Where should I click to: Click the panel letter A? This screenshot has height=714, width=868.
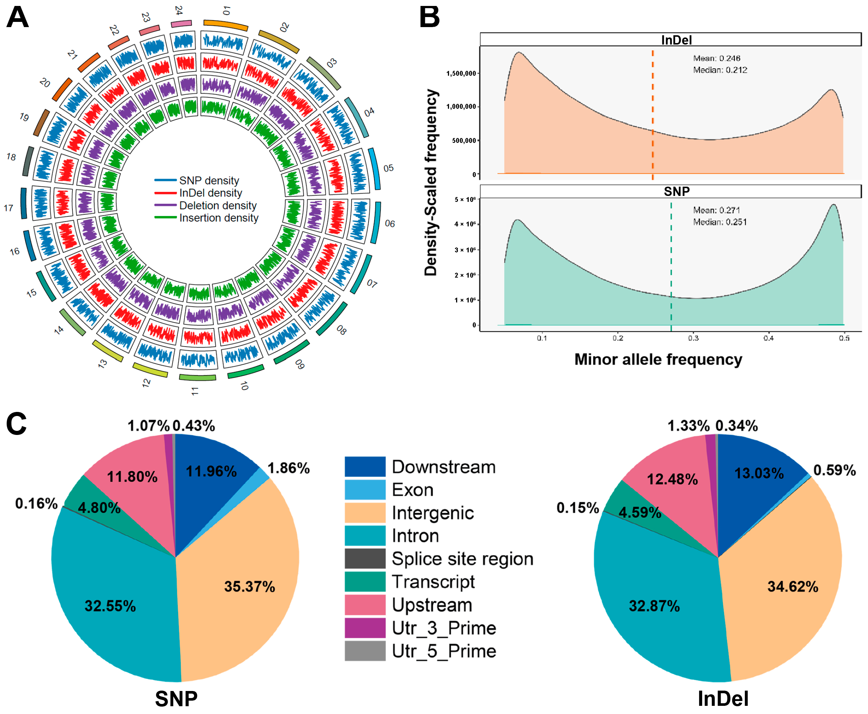point(17,17)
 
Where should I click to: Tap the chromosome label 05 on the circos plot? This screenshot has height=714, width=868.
point(388,168)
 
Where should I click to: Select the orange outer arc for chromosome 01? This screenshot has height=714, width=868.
point(226,24)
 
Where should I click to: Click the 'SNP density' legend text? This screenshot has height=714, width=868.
point(209,181)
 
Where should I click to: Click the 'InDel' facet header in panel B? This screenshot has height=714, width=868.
point(676,40)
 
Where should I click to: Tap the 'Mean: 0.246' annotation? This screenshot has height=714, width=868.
point(716,58)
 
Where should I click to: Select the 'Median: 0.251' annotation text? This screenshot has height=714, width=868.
point(720,222)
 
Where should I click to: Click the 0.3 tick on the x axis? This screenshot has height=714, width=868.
point(693,338)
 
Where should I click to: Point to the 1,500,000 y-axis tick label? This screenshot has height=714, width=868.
point(461,73)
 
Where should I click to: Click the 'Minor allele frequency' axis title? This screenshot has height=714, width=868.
point(658,360)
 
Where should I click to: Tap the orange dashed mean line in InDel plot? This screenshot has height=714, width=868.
point(652,115)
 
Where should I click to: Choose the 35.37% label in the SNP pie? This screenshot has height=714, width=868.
point(249,586)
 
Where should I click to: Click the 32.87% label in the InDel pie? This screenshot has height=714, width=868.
point(654,606)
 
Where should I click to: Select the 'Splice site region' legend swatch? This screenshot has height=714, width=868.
point(365,559)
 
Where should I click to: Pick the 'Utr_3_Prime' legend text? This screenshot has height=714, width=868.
point(444,628)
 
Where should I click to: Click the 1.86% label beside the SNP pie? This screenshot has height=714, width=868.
point(288,468)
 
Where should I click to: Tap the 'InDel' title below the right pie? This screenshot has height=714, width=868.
point(723,698)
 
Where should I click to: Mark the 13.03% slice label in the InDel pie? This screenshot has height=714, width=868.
point(759,473)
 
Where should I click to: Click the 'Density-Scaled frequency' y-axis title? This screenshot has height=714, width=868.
point(430,183)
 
